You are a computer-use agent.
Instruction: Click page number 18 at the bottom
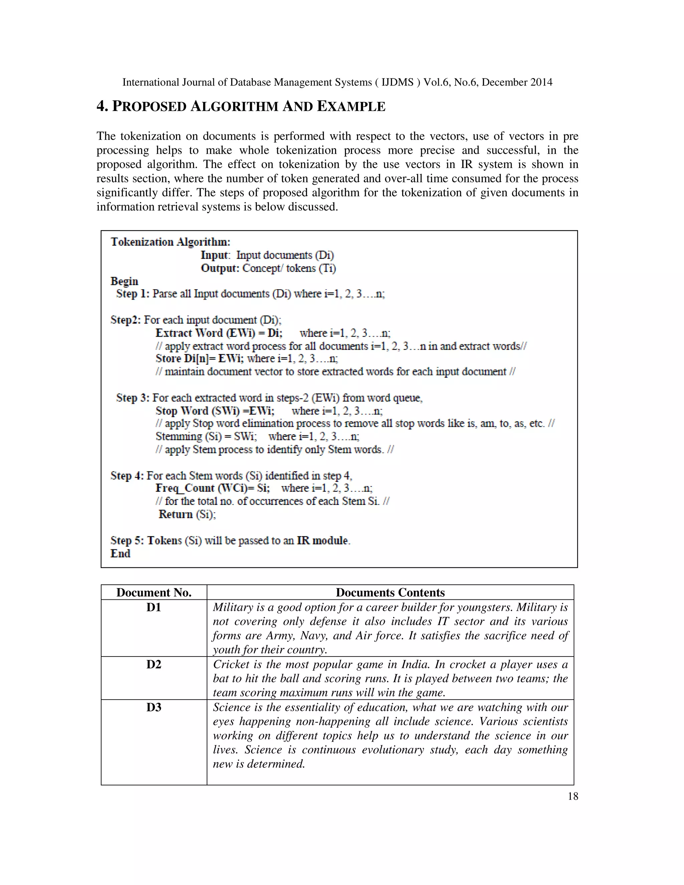click(572, 796)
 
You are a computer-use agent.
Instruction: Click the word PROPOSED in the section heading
click(149, 107)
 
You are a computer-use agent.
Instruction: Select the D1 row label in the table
click(154, 607)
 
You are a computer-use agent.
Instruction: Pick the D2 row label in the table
click(154, 665)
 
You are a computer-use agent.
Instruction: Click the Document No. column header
click(154, 592)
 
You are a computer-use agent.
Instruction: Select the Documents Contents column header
click(390, 592)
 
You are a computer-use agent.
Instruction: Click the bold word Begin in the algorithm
click(124, 281)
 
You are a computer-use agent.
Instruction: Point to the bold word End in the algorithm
click(120, 553)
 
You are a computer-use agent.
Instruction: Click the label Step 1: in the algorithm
click(133, 294)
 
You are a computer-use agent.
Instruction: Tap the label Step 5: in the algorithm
click(127, 541)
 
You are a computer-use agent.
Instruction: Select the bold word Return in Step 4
click(175, 514)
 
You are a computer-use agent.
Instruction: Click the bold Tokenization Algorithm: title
click(170, 242)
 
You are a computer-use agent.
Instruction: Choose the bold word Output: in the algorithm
click(220, 268)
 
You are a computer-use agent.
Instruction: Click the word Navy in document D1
click(313, 636)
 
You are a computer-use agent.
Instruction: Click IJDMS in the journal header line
click(397, 82)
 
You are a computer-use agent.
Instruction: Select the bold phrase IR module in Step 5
click(323, 541)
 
